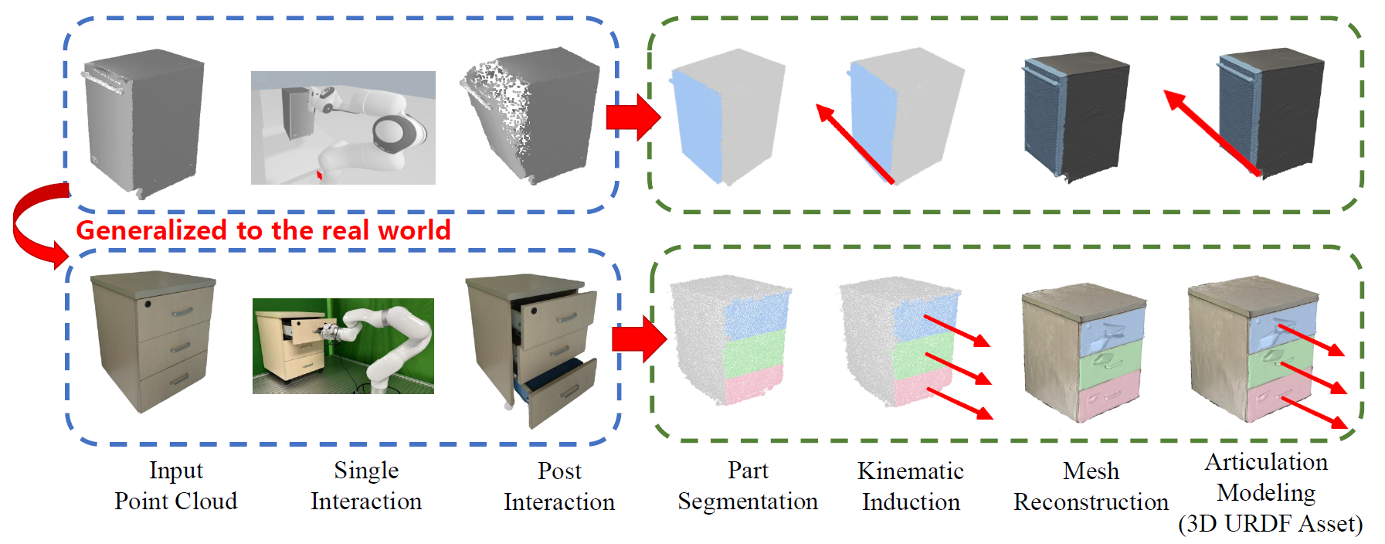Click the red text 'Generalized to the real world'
click(263, 230)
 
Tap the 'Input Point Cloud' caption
click(175, 486)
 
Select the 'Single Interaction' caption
click(366, 486)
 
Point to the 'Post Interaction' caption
click(559, 487)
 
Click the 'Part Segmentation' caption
click(748, 486)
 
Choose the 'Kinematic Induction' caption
click(911, 487)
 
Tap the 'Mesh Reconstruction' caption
click(1091, 487)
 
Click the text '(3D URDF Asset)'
click(1270, 524)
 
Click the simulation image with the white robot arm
click(343, 127)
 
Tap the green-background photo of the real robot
click(343, 346)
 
